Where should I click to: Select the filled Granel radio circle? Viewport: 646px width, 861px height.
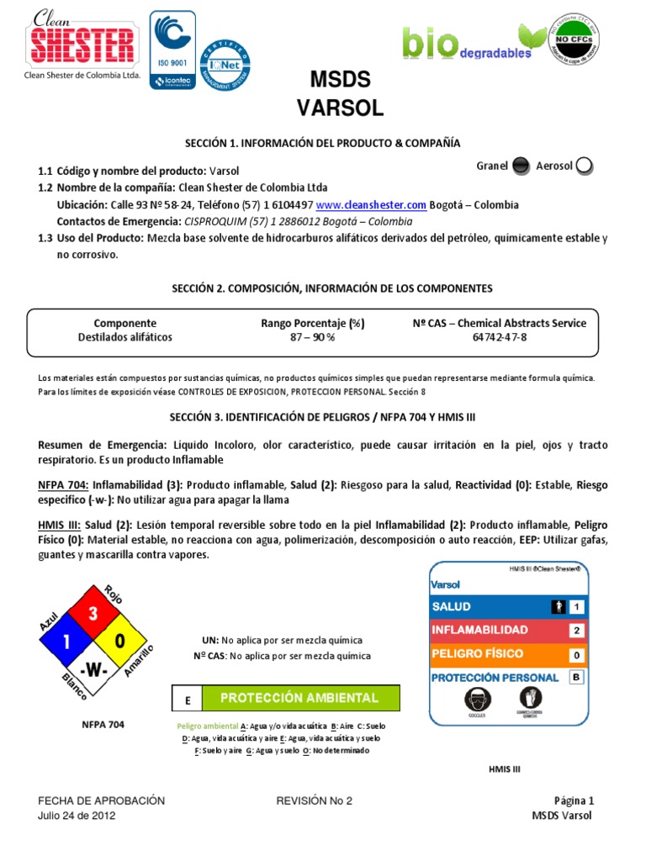521,166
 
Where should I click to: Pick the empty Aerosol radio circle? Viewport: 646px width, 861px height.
585,166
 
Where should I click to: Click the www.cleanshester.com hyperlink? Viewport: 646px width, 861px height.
372,205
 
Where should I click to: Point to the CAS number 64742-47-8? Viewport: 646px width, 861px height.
500,337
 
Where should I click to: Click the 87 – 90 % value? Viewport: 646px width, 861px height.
312,337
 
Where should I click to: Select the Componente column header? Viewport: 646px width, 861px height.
124,323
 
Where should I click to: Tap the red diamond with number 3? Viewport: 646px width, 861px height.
93,615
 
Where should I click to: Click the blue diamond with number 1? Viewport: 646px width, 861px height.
66,642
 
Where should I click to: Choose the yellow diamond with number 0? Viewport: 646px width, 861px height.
120,642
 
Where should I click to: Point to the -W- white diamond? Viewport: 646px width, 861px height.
93,670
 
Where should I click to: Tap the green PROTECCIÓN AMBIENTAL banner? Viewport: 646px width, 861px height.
300,698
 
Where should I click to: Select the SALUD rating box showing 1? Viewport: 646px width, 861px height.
576,606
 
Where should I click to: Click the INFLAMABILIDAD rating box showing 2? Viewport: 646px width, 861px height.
576,630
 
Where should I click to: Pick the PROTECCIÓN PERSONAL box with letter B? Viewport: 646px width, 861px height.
576,676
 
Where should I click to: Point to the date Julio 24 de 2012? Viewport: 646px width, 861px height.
77,816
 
